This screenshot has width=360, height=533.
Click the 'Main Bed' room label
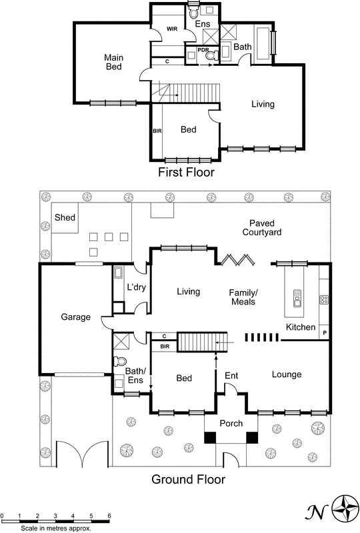114,62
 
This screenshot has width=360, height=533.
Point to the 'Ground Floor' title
189,478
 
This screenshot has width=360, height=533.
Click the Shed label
65,218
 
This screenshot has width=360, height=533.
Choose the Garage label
75,317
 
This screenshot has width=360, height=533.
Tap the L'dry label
136,288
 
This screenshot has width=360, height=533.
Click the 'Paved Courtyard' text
261,227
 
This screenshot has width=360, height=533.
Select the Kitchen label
301,327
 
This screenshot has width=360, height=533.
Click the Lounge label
287,375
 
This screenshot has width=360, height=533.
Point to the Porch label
231,423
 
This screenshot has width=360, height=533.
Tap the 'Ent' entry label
231,376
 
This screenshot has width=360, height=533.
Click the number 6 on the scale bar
109,516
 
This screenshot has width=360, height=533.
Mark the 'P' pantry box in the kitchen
325,332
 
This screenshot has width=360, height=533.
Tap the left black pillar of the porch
210,437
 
